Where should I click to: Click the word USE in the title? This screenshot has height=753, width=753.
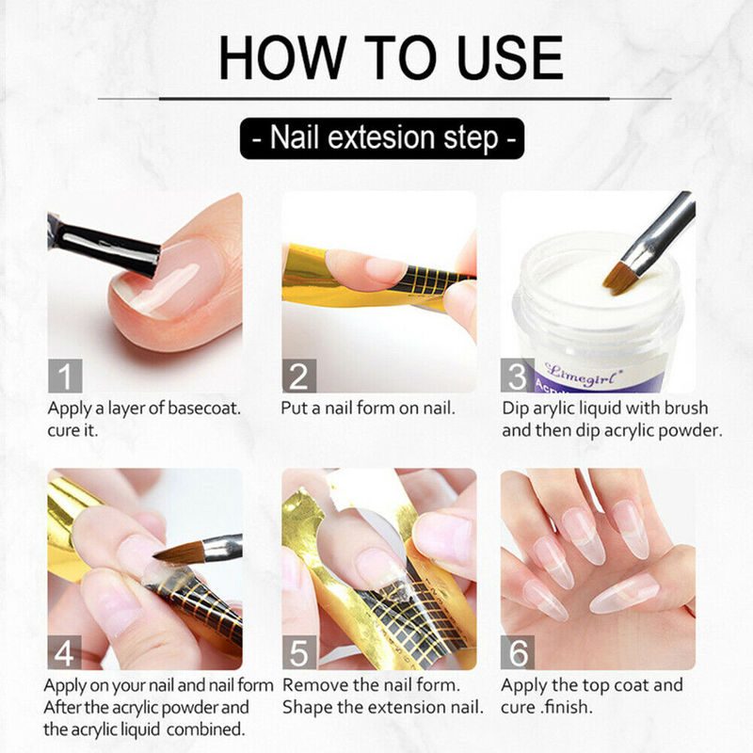(x=509, y=57)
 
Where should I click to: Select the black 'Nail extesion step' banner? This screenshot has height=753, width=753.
(x=382, y=138)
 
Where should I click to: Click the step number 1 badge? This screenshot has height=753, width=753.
(x=65, y=376)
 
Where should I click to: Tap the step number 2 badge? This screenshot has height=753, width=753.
(x=298, y=376)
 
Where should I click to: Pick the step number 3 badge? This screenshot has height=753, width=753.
(x=517, y=376)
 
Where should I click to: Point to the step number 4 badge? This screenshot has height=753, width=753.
(x=64, y=652)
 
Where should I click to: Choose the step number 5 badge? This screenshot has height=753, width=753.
(x=298, y=652)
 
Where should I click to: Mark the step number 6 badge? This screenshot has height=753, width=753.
(x=517, y=652)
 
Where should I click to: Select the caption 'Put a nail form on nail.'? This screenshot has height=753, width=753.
(x=368, y=409)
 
